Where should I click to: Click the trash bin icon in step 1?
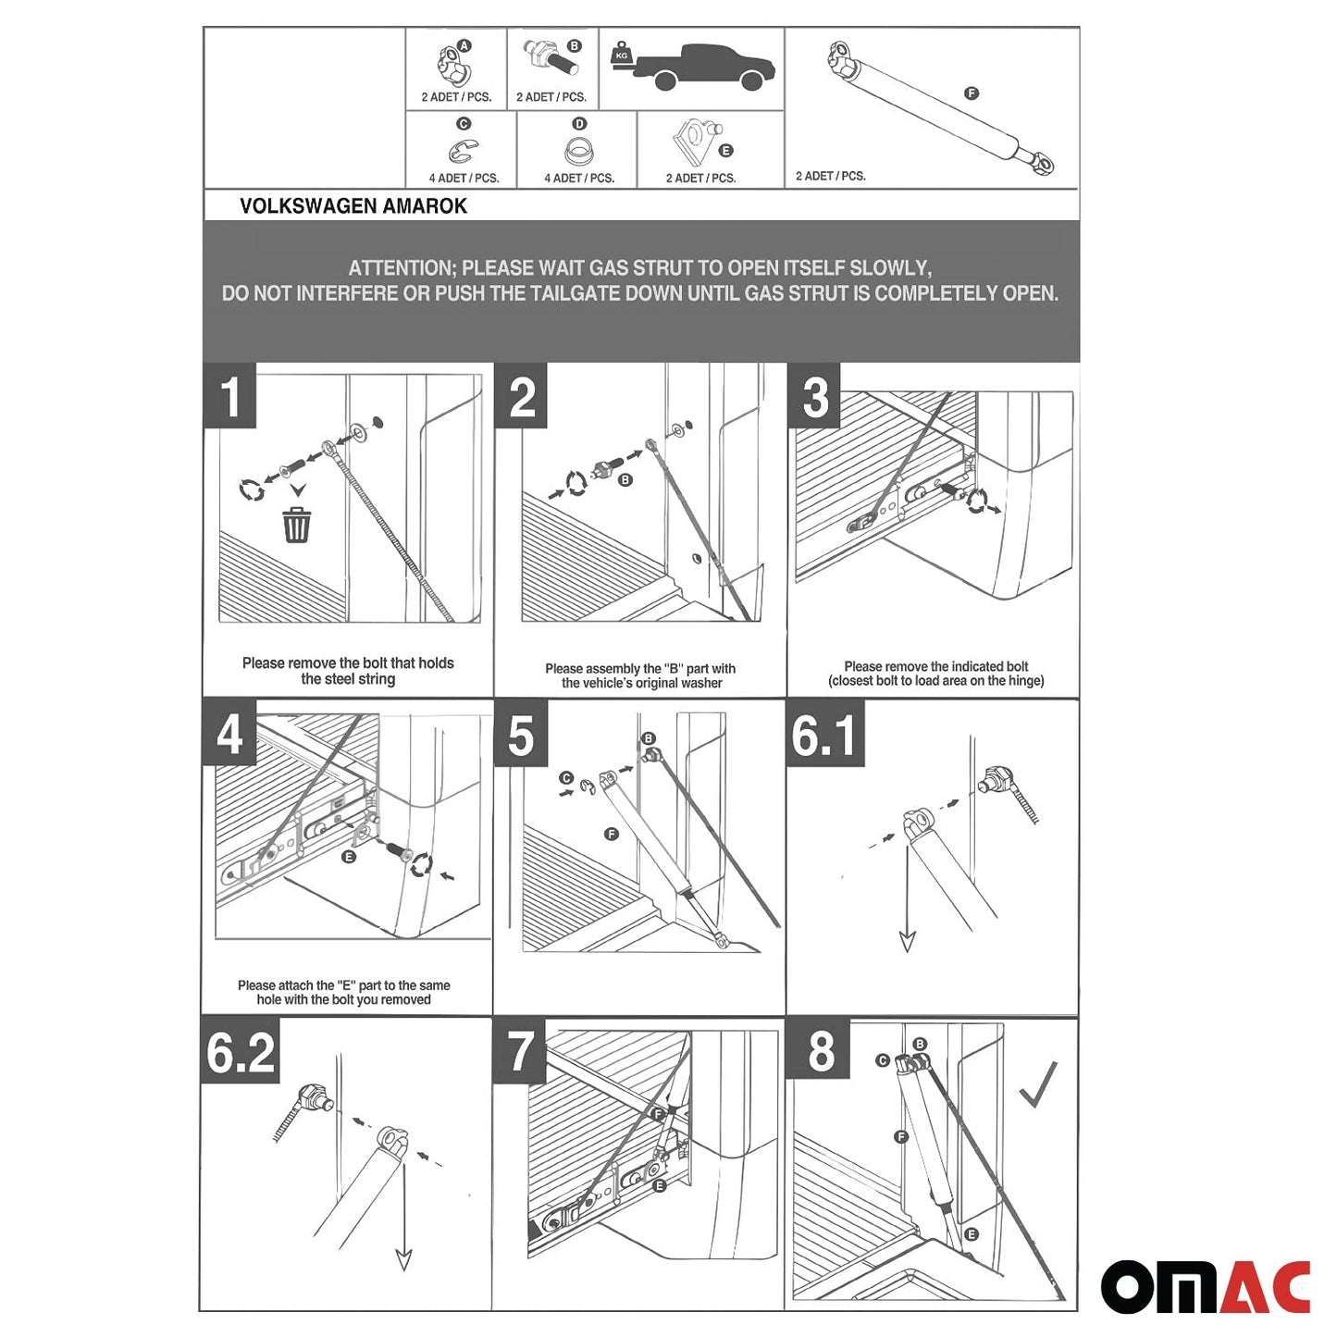tap(296, 525)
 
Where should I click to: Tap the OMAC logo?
tap(1205, 1286)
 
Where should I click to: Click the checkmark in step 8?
tap(1038, 1085)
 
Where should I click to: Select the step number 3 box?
tap(814, 396)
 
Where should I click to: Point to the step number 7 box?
tap(520, 1052)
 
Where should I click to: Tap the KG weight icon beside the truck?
tap(621, 56)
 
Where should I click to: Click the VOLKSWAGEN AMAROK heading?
tap(353, 206)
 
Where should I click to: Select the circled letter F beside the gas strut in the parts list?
tap(971, 93)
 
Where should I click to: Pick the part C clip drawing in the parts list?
tap(463, 151)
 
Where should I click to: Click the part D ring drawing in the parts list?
tap(578, 151)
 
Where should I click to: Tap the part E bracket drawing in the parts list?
tap(693, 142)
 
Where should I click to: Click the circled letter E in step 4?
tap(349, 857)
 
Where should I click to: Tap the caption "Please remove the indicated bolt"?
tap(935, 666)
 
